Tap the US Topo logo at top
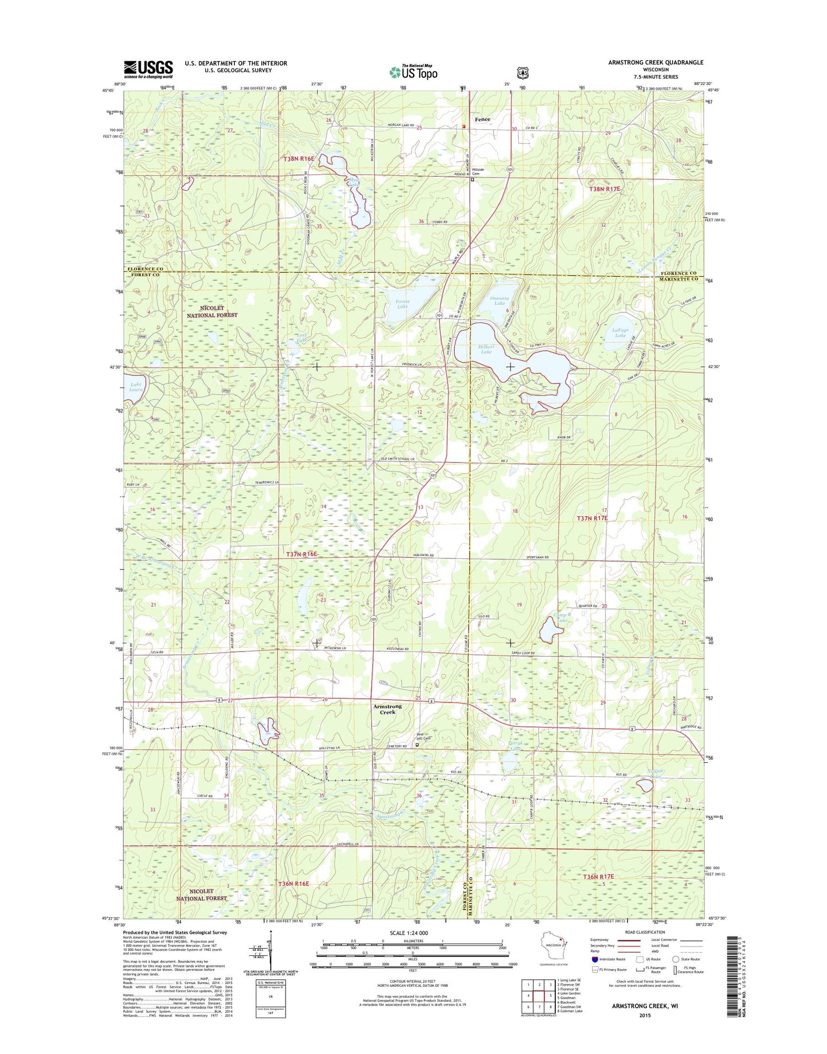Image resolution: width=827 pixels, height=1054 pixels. click(x=413, y=72)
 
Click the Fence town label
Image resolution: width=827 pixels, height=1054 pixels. click(x=482, y=119)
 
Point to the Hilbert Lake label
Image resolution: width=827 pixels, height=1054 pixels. click(x=486, y=349)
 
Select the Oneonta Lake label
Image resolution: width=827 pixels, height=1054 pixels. click(x=499, y=300)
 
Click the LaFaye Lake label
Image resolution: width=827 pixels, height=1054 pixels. click(x=620, y=332)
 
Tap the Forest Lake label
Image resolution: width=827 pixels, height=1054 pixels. click(x=402, y=304)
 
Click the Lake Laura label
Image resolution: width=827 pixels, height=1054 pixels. click(x=136, y=386)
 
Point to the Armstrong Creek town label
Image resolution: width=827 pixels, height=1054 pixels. click(x=388, y=709)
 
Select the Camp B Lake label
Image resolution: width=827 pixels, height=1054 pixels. click(x=561, y=617)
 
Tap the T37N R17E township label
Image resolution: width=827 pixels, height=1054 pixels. click(x=592, y=518)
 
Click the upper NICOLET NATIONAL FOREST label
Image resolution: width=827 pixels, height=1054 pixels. click(x=212, y=311)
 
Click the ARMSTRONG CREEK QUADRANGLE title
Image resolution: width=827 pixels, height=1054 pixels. click(x=656, y=62)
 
